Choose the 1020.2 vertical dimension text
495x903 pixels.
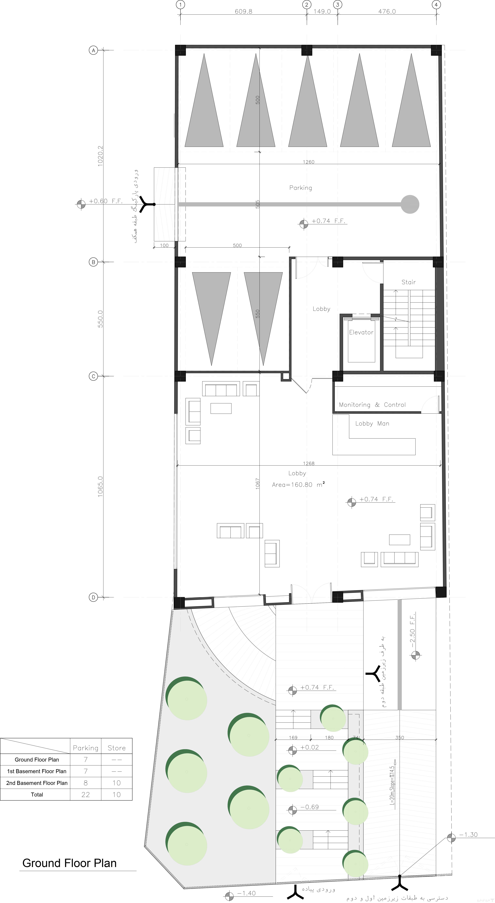[x=100, y=156]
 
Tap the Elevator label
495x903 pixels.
[x=361, y=332]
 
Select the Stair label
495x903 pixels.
[x=409, y=282]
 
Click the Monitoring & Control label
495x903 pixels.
[x=372, y=405]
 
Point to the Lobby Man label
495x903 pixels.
[x=372, y=423]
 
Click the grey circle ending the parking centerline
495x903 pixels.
[x=410, y=204]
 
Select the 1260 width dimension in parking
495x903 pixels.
[x=309, y=162]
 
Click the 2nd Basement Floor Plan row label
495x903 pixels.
[x=37, y=783]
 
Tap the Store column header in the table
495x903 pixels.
[x=117, y=748]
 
